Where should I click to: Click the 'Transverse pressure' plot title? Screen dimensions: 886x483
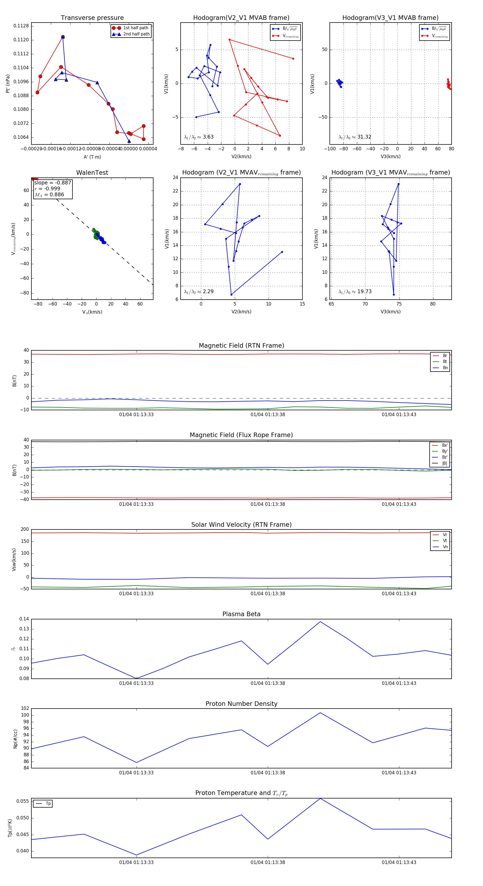click(x=92, y=18)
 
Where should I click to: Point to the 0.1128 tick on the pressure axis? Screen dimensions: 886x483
click(x=21, y=26)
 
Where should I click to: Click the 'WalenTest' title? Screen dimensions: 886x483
click(x=92, y=173)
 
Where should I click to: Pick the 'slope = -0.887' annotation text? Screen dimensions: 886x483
click(x=53, y=183)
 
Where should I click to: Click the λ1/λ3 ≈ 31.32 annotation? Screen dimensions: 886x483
click(x=355, y=137)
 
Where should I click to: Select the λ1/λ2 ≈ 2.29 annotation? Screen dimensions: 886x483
click(x=199, y=292)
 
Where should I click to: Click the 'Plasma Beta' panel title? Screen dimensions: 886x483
click(x=241, y=614)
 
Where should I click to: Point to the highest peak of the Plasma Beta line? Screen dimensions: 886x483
click(x=320, y=622)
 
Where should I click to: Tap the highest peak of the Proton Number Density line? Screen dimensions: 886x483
click(x=320, y=712)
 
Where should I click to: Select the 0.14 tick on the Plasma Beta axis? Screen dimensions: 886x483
click(x=24, y=619)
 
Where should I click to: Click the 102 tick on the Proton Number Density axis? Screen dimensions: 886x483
click(x=25, y=708)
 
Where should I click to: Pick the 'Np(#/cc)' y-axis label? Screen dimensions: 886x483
click(x=15, y=739)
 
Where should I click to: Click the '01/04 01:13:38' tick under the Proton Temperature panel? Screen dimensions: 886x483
click(x=268, y=862)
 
